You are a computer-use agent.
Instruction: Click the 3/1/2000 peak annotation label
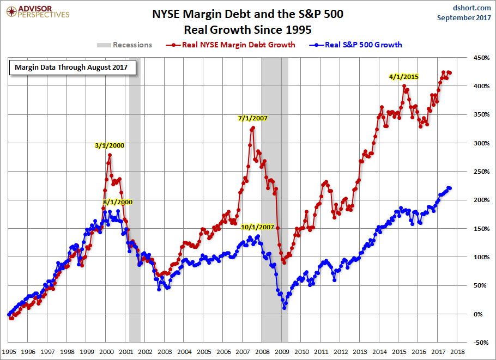(x=110, y=145)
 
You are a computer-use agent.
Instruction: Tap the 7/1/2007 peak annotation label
(x=253, y=118)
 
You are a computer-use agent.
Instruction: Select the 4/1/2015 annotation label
(x=404, y=77)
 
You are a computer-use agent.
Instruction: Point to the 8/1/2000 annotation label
(x=118, y=202)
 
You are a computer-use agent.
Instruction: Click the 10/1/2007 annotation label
(x=257, y=227)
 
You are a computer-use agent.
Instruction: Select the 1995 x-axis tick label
(x=9, y=352)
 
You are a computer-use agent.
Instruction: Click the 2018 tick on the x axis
(x=457, y=352)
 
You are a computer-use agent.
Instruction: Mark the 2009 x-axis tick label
(x=282, y=352)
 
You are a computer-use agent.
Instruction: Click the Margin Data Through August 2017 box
(x=72, y=68)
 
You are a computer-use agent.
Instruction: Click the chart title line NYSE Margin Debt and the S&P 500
(x=247, y=14)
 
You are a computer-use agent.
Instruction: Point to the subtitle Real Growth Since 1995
(x=247, y=28)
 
